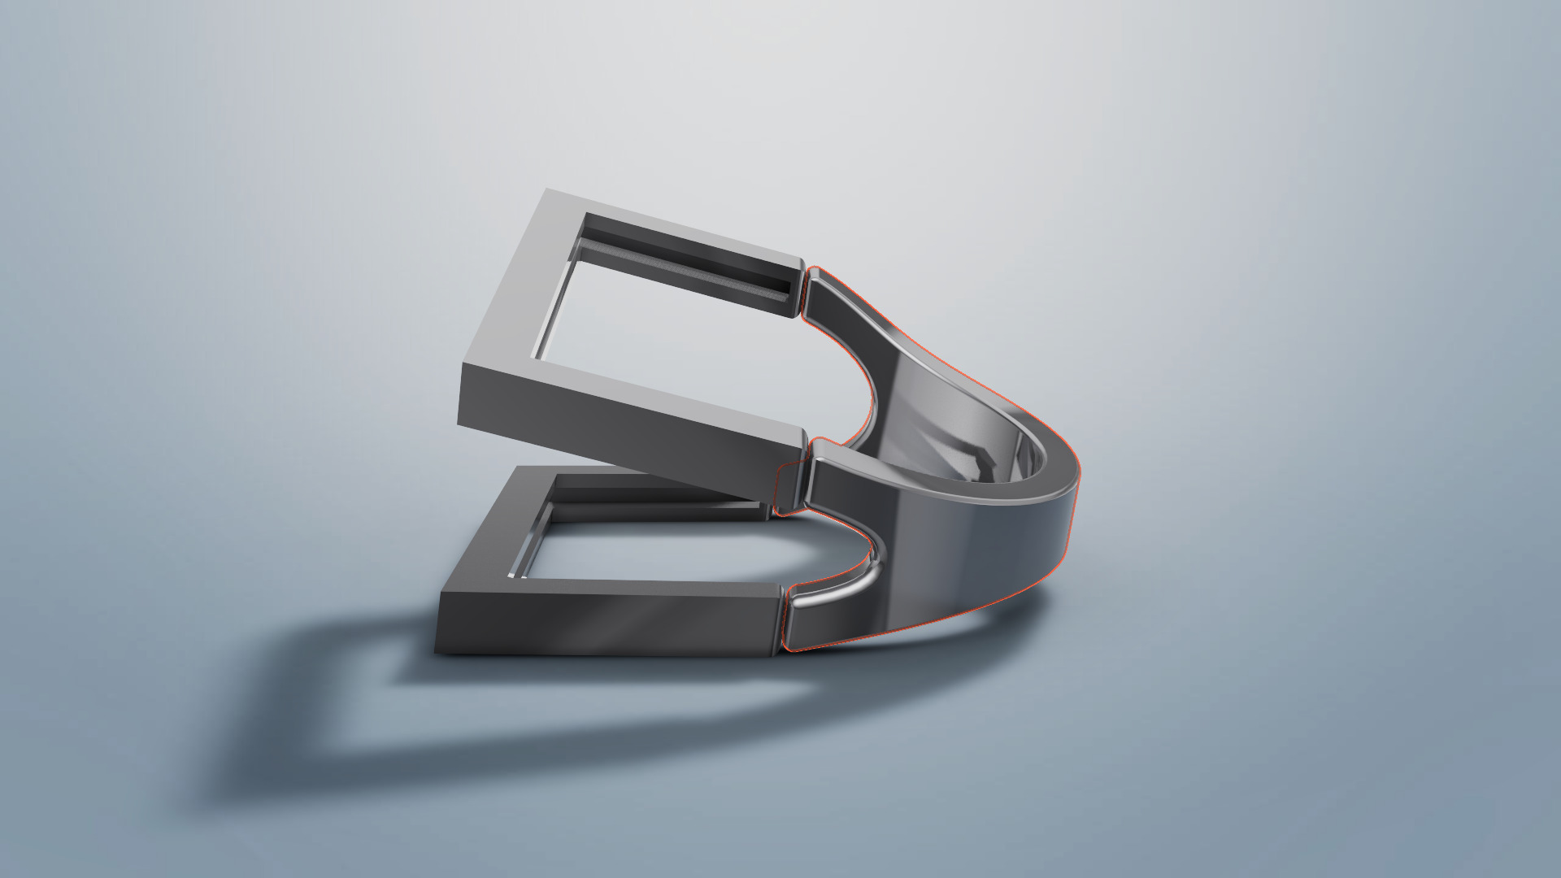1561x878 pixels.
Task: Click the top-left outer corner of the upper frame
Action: pyautogui.click(x=546, y=192)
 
